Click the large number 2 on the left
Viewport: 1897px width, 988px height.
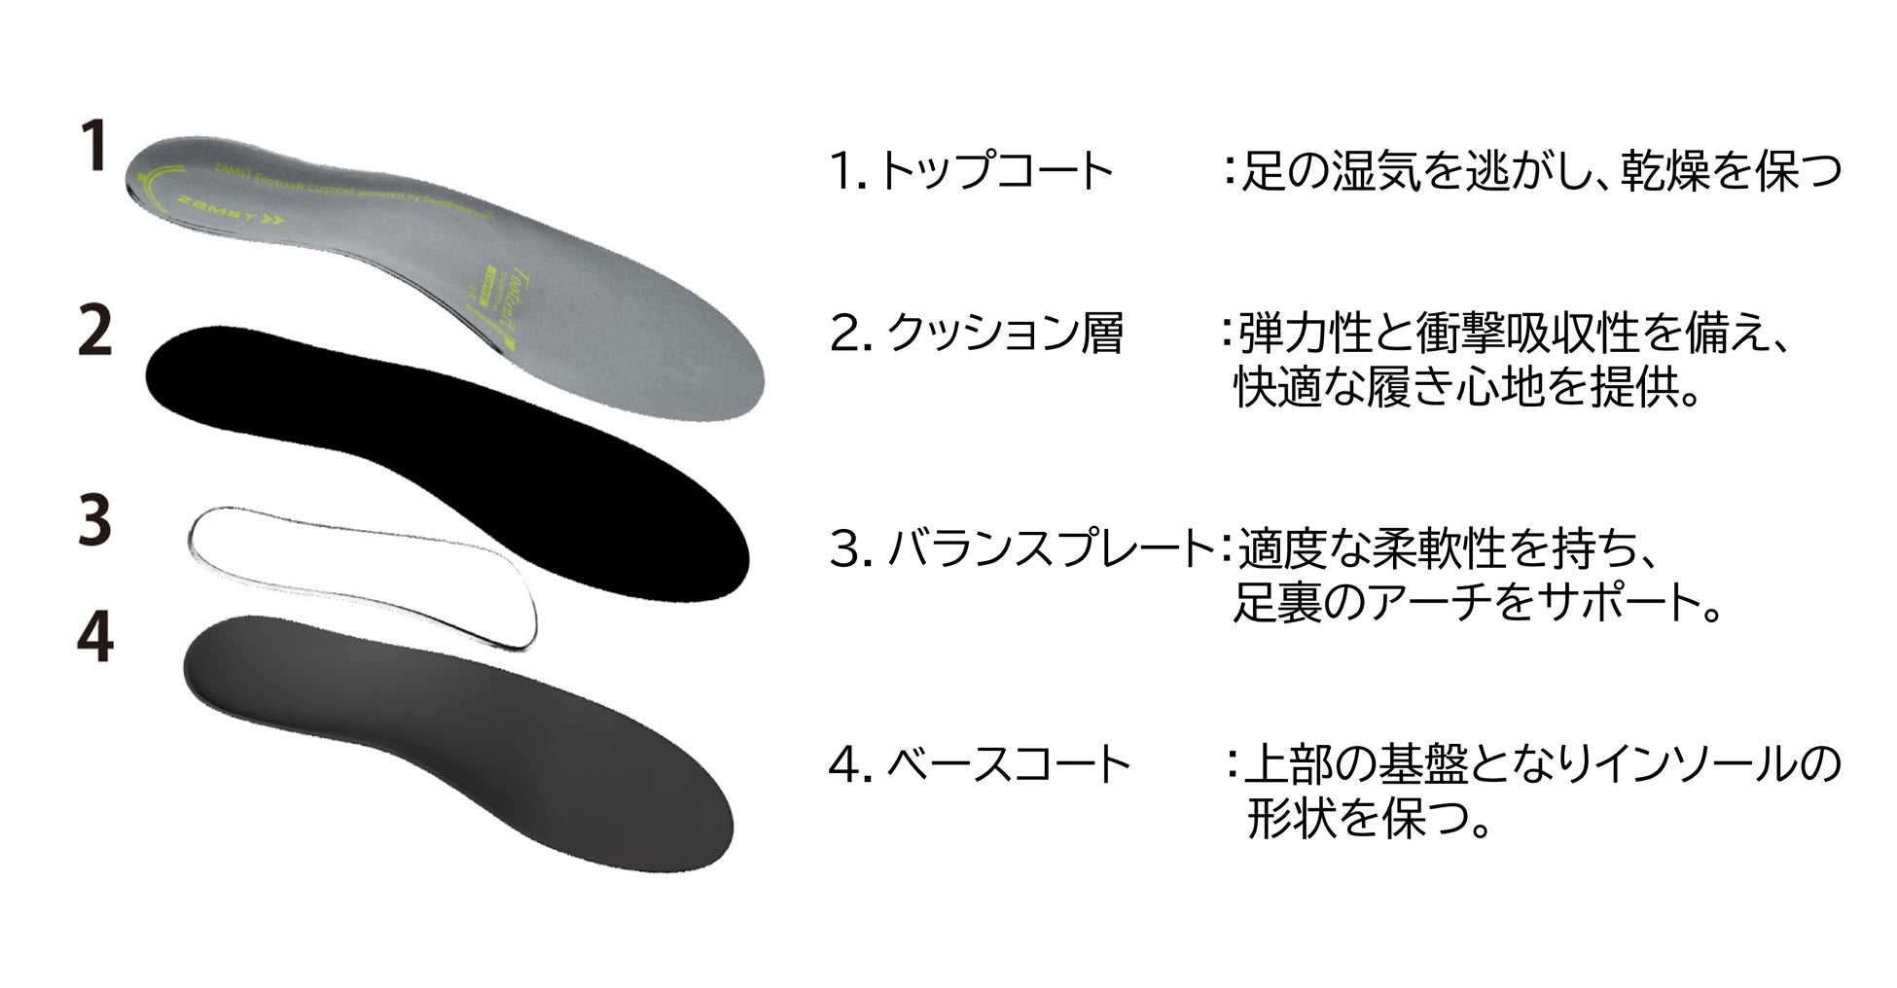click(x=95, y=332)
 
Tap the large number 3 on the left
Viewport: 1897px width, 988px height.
click(x=95, y=522)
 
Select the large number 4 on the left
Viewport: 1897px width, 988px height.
click(x=95, y=640)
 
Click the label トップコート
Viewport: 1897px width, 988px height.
click(x=993, y=172)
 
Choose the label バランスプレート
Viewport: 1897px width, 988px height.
click(x=1051, y=550)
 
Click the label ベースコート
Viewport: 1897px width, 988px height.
click(x=1009, y=765)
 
